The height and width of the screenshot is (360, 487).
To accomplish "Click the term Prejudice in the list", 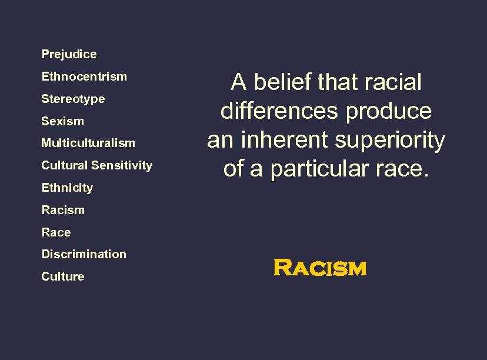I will point(69,54).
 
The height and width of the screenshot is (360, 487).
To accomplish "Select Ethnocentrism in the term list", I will point(84,76).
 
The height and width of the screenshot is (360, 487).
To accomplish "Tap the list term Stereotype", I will point(73,99).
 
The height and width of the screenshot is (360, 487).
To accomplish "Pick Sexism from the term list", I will point(62,121).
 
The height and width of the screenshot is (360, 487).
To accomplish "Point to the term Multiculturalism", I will point(88,143).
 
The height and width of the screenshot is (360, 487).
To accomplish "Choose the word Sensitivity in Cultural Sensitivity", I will point(123,165).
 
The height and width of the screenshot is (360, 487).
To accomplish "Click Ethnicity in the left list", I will point(67,188).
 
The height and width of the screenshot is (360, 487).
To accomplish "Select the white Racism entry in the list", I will point(63,210).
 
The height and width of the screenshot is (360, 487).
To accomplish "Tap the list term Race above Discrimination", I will point(56,232).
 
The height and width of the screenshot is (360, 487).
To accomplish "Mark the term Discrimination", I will point(84,254).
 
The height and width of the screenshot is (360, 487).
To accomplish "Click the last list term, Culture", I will point(62,276).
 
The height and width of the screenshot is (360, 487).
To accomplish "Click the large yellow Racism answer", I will point(320,269).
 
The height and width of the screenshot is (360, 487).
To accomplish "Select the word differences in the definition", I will point(280,111).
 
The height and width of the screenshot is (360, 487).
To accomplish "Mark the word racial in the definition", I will point(393,82).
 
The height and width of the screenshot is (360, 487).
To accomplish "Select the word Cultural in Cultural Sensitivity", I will point(65,165).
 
